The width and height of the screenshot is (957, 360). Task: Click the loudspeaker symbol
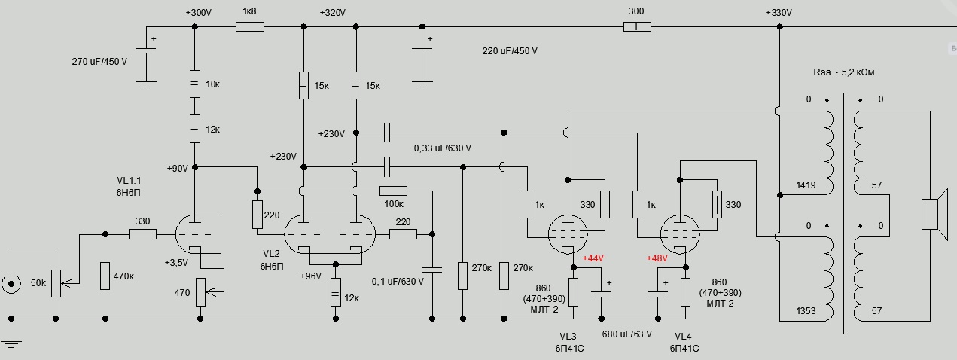tap(931, 212)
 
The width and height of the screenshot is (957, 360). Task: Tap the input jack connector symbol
tap(11, 285)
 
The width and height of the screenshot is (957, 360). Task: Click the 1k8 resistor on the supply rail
tap(250, 26)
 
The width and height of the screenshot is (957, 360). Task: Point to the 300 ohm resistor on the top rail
tap(637, 27)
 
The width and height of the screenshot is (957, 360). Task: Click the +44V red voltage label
tap(595, 258)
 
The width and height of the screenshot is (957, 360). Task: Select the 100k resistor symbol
tap(393, 191)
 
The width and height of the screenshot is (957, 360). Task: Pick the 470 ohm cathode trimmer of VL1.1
tap(200, 291)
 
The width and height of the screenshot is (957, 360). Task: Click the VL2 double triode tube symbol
tap(330, 234)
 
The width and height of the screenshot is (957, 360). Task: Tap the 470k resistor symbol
tap(105, 276)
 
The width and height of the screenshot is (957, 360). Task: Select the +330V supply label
tap(779, 13)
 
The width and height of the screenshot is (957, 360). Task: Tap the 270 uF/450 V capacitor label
tap(99, 59)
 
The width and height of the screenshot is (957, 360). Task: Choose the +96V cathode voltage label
tap(310, 276)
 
